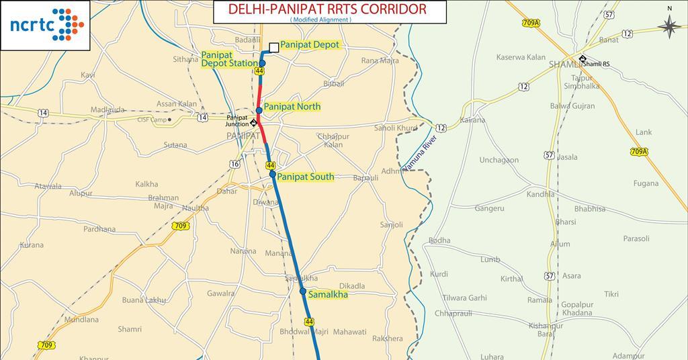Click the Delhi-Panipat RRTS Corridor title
(327, 9)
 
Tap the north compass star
(669, 26)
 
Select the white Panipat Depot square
(273, 47)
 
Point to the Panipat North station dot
(259, 110)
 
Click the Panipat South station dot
(272, 174)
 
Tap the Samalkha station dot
(303, 291)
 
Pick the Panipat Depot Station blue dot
(263, 64)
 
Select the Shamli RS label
(597, 64)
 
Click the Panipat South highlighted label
(306, 177)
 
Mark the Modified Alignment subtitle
(320, 20)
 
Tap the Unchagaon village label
(499, 160)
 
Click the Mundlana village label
(81, 320)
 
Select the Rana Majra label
(380, 61)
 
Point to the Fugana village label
(646, 183)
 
